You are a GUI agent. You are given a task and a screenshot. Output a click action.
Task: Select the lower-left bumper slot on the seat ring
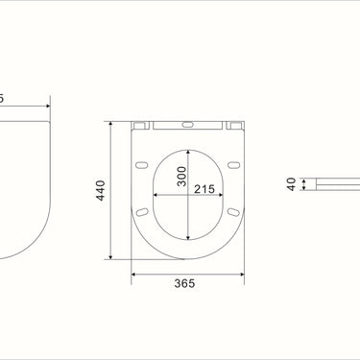click(x=143, y=209)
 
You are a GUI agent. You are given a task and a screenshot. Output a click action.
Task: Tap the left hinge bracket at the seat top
click(x=140, y=124)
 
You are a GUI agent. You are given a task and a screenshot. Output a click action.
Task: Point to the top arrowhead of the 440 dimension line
click(x=113, y=124)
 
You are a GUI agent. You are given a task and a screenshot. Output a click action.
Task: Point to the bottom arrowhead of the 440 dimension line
click(x=113, y=258)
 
